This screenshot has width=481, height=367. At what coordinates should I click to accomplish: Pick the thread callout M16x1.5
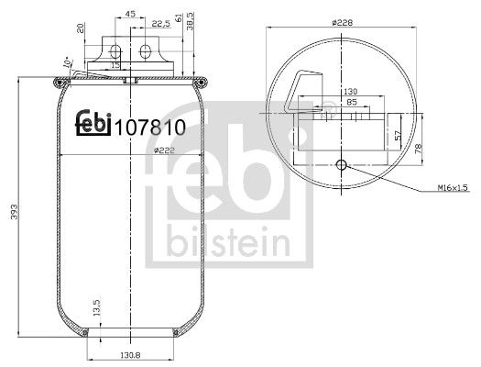(x=453, y=188)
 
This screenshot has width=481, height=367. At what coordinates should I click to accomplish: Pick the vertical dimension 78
(x=421, y=150)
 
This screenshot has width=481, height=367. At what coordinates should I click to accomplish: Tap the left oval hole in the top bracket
(x=115, y=49)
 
